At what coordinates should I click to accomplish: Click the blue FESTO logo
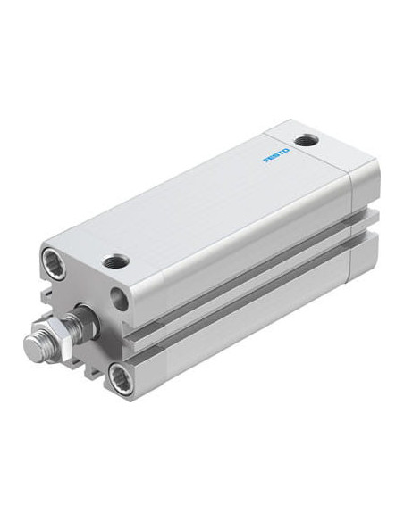[276, 155]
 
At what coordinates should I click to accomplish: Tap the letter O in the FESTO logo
[287, 151]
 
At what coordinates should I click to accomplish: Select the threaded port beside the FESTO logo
[307, 140]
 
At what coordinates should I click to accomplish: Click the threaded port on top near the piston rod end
[116, 261]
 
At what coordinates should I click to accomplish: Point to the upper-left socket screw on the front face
[54, 263]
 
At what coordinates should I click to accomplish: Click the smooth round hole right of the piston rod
[119, 299]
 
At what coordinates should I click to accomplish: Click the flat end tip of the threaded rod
[34, 348]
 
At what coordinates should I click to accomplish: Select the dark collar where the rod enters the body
[88, 318]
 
